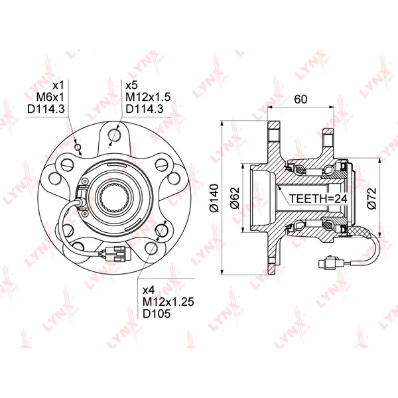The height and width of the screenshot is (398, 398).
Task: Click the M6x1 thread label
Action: pos(50,98)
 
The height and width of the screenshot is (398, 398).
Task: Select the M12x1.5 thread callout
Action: pos(148,98)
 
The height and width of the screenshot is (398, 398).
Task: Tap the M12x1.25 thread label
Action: pos(168,302)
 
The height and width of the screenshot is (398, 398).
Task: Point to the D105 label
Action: pos(157,314)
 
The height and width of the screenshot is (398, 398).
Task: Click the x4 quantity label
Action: pos(149,290)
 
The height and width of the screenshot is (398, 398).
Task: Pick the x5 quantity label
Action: pos(131,86)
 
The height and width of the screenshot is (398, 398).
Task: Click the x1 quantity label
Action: pos(58,86)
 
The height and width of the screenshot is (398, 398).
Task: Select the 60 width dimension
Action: pos(300,99)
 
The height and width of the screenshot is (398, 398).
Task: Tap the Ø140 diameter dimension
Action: pos(214,198)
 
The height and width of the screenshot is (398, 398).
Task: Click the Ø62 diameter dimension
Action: pos(235,198)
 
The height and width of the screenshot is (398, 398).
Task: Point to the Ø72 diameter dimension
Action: pos(372,198)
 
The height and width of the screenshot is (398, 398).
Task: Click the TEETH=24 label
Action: pos(318,198)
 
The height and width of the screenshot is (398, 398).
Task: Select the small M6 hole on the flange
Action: pos(78,147)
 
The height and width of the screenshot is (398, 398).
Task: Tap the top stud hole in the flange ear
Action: pos(114,135)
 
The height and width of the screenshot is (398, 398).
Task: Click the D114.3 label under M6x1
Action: pos(46,109)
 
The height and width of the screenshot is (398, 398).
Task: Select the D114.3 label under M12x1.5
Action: pos(145,109)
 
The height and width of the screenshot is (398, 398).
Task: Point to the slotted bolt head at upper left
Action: pos(68,165)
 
